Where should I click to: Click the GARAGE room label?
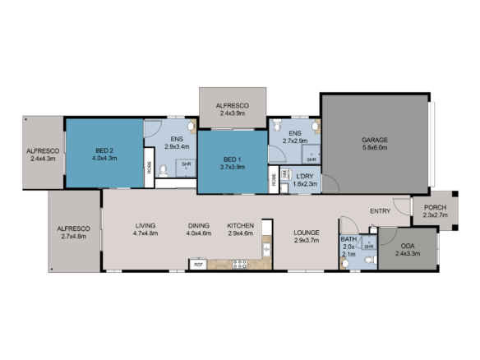pos(374,140)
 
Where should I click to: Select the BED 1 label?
pos(232,159)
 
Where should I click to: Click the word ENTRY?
pos(381,211)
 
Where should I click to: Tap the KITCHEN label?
pos(241,225)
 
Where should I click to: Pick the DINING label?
pos(199,225)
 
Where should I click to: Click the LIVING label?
pos(145,225)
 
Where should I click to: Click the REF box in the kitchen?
pos(197,265)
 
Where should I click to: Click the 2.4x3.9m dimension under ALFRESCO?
pos(233,114)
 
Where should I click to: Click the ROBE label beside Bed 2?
pos(149,168)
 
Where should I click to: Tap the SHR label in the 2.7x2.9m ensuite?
pos(312,159)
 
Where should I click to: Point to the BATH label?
pos(348,239)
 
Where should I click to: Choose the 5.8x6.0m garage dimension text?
pos(374,148)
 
